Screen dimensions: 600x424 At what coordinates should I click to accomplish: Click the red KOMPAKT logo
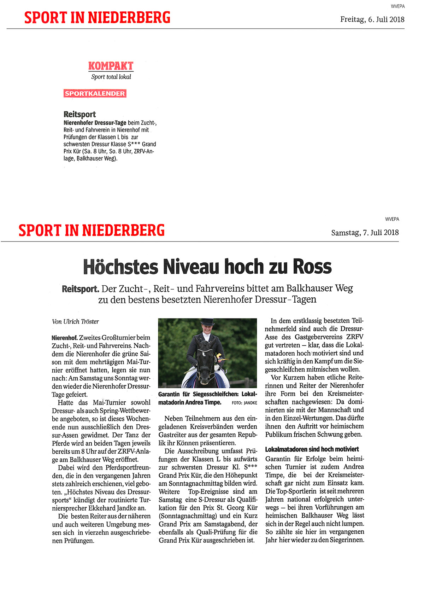point(111,66)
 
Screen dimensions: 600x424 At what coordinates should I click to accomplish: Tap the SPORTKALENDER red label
point(95,94)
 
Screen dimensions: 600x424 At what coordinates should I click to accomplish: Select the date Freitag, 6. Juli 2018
point(372,19)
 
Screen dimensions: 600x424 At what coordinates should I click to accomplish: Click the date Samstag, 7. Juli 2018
point(365,233)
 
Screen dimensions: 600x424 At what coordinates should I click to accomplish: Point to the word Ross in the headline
point(312,267)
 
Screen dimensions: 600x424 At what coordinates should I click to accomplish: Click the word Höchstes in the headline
point(120,267)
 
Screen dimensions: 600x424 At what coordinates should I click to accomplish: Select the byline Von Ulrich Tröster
point(75,322)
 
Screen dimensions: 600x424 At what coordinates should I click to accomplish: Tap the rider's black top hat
point(207,322)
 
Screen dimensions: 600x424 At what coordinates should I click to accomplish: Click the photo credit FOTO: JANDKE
point(245,403)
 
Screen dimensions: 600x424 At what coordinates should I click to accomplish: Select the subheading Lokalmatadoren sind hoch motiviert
point(312,449)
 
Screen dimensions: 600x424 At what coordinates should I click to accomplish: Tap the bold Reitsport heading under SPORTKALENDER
point(79,115)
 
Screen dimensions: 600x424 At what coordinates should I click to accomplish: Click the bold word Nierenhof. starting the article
point(65,338)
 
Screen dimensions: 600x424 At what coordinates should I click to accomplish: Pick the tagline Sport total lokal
point(111,77)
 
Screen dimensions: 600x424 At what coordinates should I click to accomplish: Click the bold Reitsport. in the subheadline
point(81,289)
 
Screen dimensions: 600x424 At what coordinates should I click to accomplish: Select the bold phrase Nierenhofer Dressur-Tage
point(95,123)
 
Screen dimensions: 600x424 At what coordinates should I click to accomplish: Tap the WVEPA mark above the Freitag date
point(397,6)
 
